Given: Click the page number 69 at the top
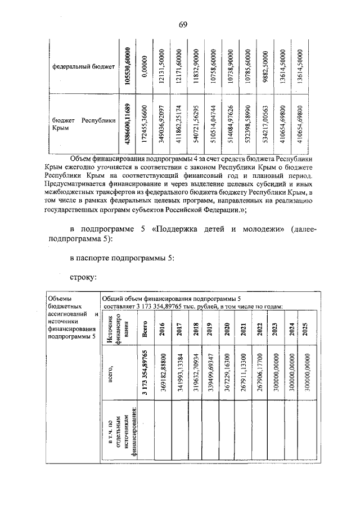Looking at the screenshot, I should coord(183,23).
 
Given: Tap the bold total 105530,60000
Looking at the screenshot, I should coord(128,66).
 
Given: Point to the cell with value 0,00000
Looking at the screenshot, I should coord(145,66).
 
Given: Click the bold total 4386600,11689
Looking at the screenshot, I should coord(128,124).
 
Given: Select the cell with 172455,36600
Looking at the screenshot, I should coord(145,124).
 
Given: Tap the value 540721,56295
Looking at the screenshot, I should coord(195,124).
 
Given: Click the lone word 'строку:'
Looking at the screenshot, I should coord(84,277).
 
